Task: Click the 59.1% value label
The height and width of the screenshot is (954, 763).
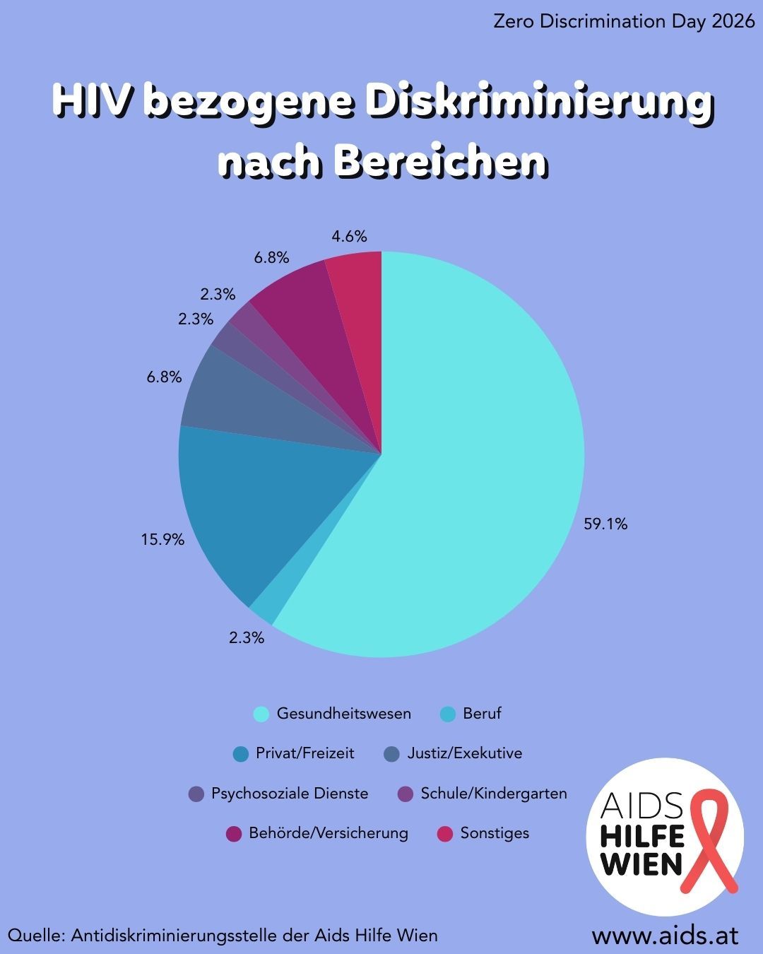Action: (x=605, y=524)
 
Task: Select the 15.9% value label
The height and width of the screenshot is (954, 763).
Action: (x=162, y=540)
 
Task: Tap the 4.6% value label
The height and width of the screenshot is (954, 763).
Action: (x=349, y=237)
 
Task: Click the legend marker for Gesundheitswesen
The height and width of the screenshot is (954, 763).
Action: (x=261, y=714)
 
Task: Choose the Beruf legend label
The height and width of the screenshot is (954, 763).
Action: (x=482, y=714)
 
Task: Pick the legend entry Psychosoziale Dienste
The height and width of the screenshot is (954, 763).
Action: (x=289, y=794)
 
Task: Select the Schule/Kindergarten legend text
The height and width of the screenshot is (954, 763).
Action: (x=494, y=794)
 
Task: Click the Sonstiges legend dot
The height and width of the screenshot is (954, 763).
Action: (x=445, y=834)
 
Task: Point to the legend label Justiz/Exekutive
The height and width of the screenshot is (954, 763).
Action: (x=464, y=753)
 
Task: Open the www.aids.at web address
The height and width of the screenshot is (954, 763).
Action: (x=665, y=935)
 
